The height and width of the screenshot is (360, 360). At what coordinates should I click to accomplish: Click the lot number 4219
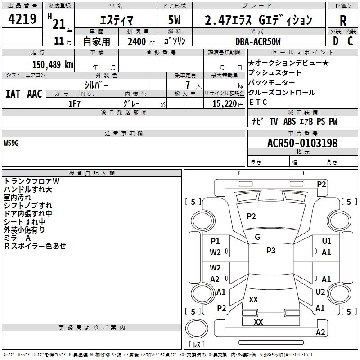[x=22, y=19]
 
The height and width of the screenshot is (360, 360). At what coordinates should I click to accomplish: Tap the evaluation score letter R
[x=343, y=21]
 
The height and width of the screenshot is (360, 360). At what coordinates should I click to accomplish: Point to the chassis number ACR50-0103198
[x=302, y=143]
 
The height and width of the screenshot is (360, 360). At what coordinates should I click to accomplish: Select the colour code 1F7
[x=74, y=103]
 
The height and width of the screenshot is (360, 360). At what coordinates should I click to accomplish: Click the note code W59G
[x=12, y=143]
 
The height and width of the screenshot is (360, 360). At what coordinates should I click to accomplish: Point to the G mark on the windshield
[x=257, y=237]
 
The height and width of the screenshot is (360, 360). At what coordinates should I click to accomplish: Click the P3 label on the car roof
[x=271, y=251]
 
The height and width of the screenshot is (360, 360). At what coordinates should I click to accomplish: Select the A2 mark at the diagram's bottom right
[x=320, y=332]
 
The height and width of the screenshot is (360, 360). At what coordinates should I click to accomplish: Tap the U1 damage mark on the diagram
[x=326, y=242]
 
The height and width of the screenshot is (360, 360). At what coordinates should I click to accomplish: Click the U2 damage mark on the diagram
[x=320, y=292]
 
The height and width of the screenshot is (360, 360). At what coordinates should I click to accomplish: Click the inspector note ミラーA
[x=17, y=238]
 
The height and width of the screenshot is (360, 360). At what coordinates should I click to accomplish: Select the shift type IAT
[x=13, y=94]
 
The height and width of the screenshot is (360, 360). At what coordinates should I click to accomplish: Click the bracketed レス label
[x=197, y=345]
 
